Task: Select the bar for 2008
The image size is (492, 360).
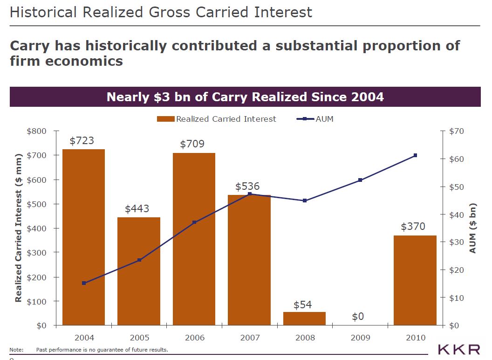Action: coord(305,318)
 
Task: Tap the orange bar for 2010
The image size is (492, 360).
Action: coord(415,280)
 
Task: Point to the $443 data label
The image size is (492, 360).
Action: coord(137,208)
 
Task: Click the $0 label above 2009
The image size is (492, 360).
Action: coord(357,317)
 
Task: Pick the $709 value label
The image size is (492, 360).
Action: coord(192,144)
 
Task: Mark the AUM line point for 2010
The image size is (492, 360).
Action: coord(415,155)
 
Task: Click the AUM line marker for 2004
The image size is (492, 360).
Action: coord(84,283)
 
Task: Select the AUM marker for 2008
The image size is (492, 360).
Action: coord(305,201)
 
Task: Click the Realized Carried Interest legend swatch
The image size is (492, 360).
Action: coord(165,119)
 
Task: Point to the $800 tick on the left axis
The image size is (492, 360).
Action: coord(37,131)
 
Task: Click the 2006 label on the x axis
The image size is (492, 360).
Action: coord(194,338)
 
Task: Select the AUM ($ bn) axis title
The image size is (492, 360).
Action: coord(472,228)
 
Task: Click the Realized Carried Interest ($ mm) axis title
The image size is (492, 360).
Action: coord(19,228)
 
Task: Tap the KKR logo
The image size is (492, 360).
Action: coord(458,349)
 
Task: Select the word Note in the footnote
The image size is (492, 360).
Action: coord(16,350)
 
